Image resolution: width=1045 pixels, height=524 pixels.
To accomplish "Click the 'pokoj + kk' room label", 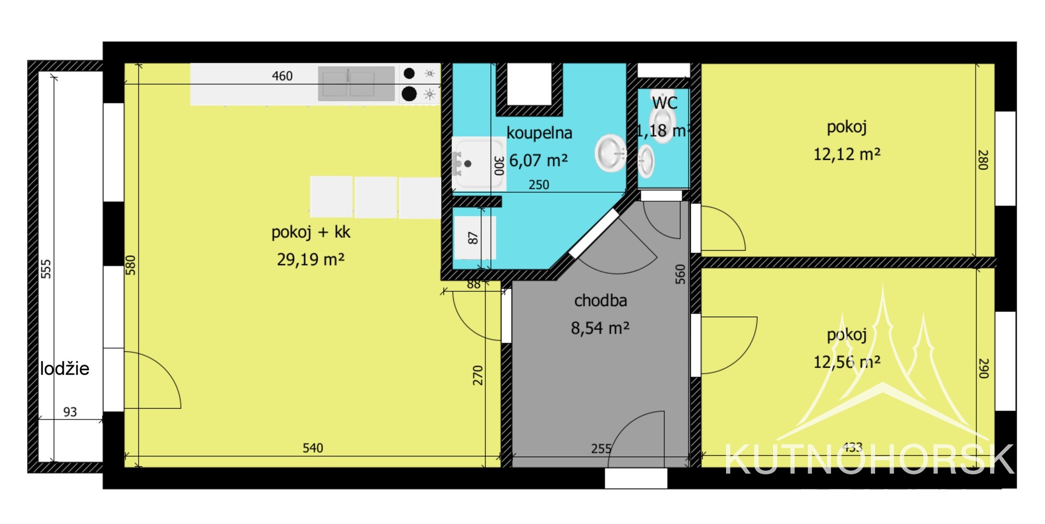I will click(311, 232).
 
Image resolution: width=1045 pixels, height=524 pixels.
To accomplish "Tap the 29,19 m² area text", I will click(311, 260).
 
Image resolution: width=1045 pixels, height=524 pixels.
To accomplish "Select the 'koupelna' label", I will click(539, 133).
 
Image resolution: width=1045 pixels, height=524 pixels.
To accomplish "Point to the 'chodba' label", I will click(600, 301).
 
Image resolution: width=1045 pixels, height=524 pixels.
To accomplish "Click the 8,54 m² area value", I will click(600, 328).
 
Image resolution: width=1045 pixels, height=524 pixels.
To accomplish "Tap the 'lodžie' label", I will click(64, 369).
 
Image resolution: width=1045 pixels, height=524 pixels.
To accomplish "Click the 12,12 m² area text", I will click(846, 155).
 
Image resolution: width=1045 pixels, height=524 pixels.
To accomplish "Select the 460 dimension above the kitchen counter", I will click(282, 76).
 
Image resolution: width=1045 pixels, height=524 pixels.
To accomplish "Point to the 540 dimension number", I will click(312, 448).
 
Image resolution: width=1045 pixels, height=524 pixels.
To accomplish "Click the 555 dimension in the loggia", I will click(46, 269).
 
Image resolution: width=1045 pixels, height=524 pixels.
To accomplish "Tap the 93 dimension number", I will click(70, 412).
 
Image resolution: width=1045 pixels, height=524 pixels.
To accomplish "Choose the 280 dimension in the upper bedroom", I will click(982, 160).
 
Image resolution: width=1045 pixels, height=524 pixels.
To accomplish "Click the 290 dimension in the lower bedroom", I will click(983, 368).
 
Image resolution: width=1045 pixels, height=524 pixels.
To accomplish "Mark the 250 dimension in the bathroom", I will click(539, 185).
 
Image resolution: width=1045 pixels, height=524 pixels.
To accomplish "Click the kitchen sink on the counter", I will click(356, 84).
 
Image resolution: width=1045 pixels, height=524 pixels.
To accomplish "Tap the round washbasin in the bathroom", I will click(611, 153).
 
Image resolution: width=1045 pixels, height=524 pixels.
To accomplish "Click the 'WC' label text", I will click(665, 103).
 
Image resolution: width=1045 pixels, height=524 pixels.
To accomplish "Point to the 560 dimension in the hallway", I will click(680, 274).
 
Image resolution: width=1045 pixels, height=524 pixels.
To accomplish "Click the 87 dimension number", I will click(472, 238).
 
